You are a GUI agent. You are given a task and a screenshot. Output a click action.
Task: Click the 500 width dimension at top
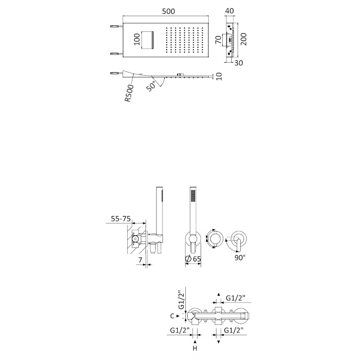click(x=168, y=11)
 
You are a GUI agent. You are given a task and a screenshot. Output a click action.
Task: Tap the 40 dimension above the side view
click(x=229, y=11)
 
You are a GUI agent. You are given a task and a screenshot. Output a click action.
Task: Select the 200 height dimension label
click(x=243, y=39)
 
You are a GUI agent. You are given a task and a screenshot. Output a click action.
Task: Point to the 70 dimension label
click(x=219, y=40)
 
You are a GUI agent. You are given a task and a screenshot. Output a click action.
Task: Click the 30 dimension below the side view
click(x=238, y=63)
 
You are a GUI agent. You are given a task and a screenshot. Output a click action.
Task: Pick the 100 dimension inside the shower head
click(x=137, y=39)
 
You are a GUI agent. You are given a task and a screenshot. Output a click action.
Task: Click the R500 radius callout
click(x=129, y=93)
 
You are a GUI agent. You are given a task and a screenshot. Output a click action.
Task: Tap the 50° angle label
click(x=151, y=86)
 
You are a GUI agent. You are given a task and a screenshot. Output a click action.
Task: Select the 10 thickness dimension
click(x=219, y=76)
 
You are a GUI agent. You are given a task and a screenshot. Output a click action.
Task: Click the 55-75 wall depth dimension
click(x=121, y=219)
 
